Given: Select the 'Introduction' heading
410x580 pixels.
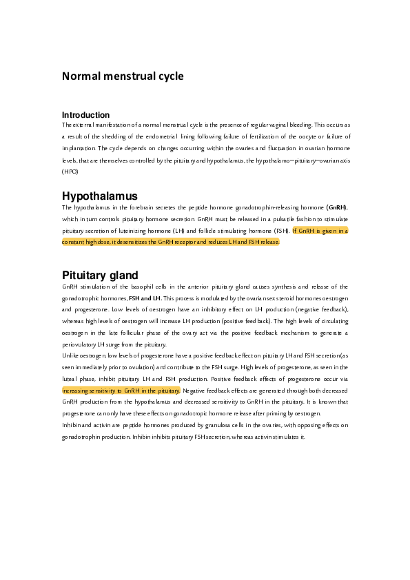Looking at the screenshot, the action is [85, 115].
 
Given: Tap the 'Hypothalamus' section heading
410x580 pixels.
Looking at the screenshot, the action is [100, 196].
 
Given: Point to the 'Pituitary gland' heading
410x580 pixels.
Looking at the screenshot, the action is [100, 275].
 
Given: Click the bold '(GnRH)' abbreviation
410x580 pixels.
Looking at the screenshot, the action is [337, 207].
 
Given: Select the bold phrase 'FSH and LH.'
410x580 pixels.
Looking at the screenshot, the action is [145, 298].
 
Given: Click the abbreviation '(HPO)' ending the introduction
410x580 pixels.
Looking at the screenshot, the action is [70, 171].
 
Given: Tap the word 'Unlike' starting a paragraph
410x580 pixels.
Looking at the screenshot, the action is [71, 355].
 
